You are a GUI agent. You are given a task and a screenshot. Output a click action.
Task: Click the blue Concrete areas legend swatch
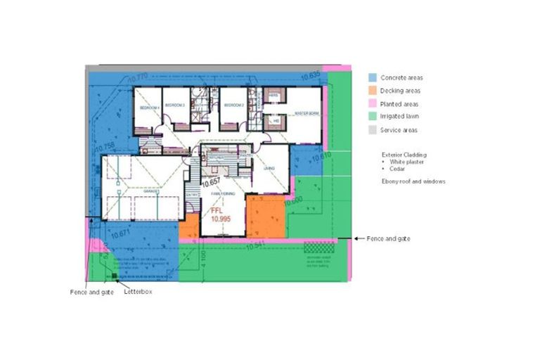click(373, 77)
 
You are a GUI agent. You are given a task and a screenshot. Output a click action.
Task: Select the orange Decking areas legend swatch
click(373, 91)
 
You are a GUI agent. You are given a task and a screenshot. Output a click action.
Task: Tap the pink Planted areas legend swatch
click(373, 104)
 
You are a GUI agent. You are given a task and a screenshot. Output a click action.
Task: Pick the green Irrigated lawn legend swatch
click(373, 117)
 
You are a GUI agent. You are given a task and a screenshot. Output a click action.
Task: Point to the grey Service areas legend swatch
click(373, 131)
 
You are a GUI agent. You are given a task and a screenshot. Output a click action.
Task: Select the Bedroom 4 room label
click(146, 107)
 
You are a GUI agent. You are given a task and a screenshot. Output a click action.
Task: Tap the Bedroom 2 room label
click(233, 105)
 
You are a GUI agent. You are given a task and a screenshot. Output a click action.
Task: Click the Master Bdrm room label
click(307, 113)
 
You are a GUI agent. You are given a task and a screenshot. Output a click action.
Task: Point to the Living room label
click(269, 169)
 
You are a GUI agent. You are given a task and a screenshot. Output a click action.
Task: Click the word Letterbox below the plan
click(137, 292)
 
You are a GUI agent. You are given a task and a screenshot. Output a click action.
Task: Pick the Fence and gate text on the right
click(388, 239)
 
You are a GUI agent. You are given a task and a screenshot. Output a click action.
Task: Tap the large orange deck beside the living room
click(264, 217)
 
